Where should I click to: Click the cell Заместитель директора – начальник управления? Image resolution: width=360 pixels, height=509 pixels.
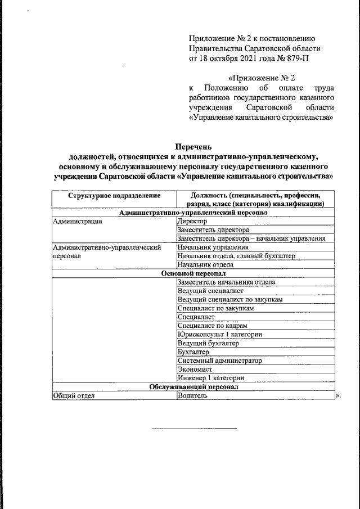251,238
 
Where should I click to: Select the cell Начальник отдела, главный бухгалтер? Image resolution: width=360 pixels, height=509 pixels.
236,256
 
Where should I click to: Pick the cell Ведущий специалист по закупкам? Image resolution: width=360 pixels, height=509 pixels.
229,299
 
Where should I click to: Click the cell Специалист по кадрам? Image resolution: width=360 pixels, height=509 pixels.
212,326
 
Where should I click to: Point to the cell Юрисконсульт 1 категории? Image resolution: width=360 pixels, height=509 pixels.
219,335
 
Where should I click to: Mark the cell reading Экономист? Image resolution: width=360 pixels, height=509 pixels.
195,370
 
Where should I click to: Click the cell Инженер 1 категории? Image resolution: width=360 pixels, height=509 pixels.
210,378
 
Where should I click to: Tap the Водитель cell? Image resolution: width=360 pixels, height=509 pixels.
192,396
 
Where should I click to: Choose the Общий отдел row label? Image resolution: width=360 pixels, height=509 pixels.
74,396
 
